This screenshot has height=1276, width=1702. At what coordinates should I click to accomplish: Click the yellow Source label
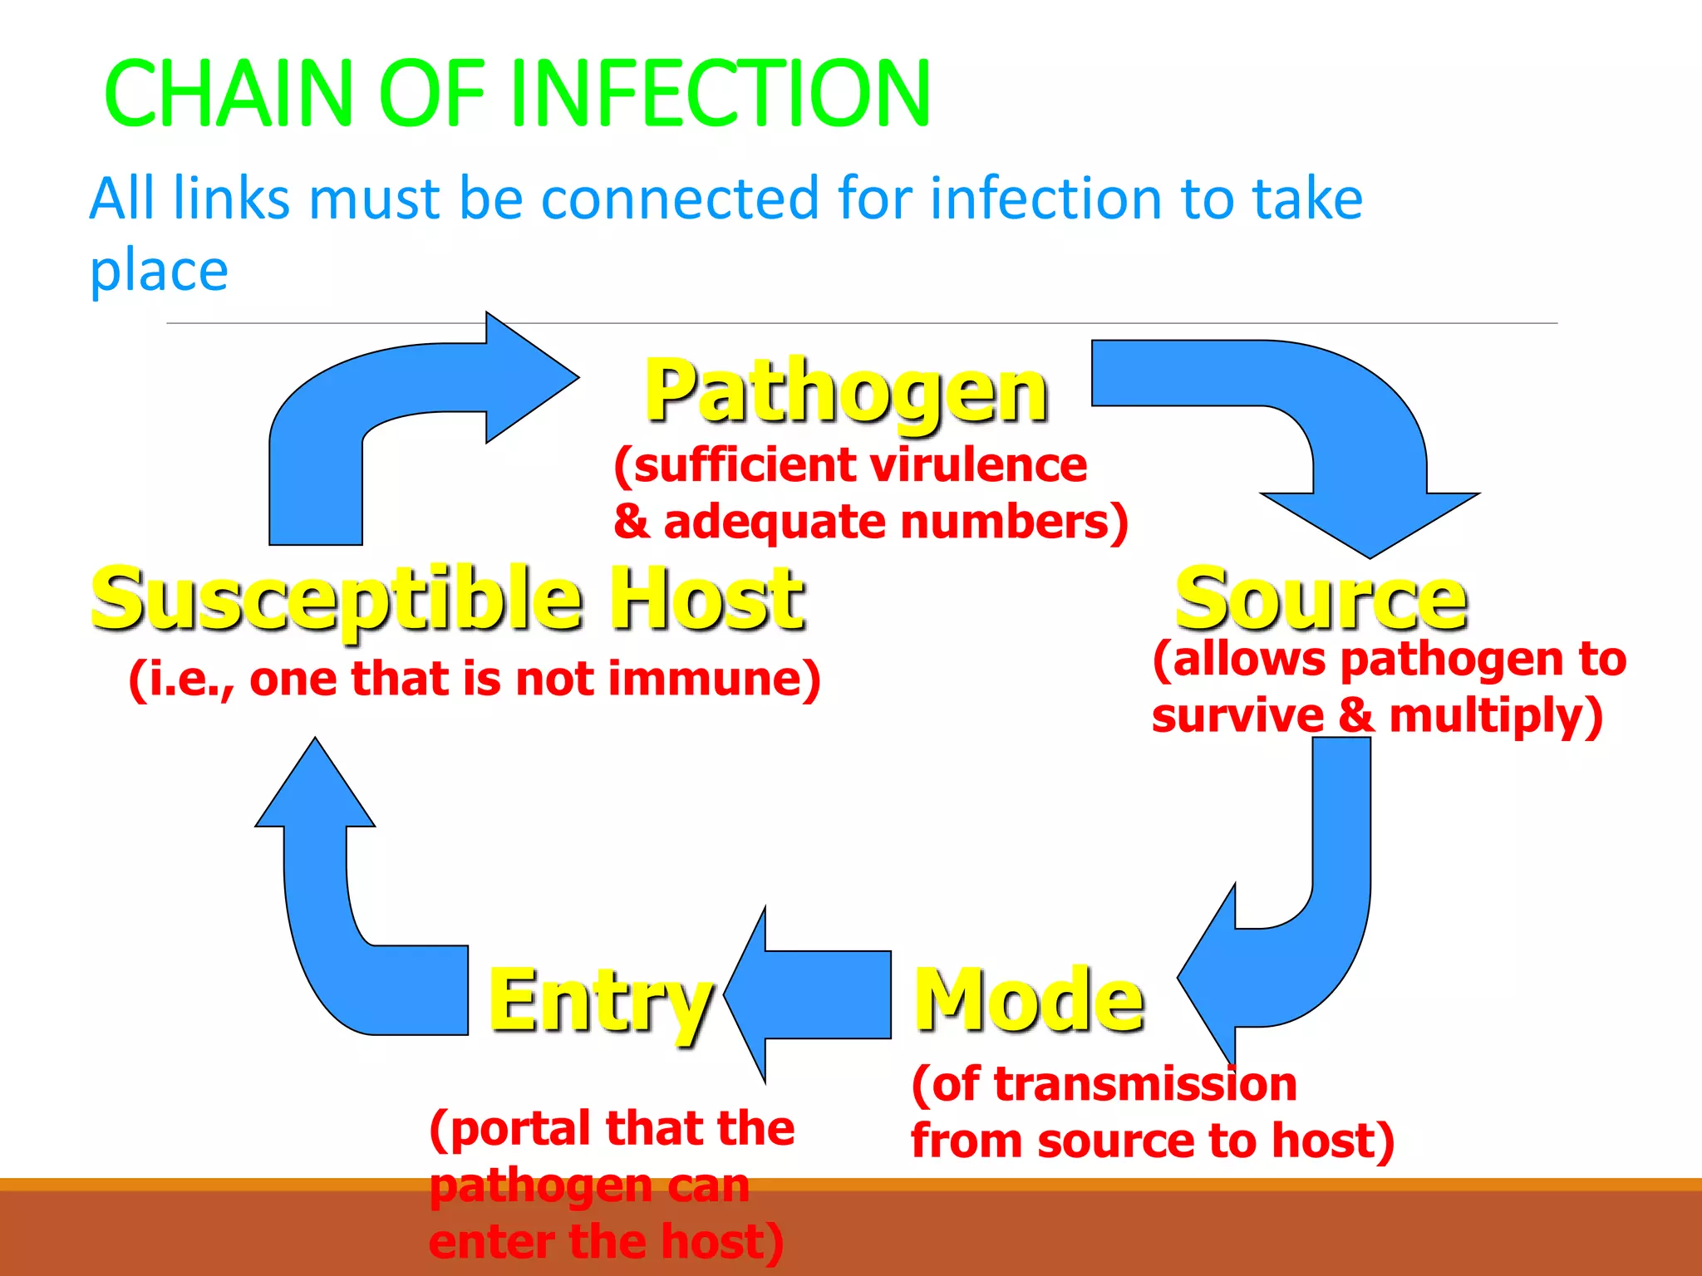coord(1321,598)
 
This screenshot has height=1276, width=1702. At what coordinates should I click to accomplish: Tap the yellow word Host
coord(706,598)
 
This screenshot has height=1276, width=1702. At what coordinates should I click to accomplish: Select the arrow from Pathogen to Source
coord(1363,432)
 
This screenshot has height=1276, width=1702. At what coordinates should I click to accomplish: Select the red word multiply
coord(1492,715)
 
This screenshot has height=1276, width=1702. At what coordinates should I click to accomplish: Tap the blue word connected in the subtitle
coord(679,199)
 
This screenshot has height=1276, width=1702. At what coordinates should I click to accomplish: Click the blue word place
coord(158,272)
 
